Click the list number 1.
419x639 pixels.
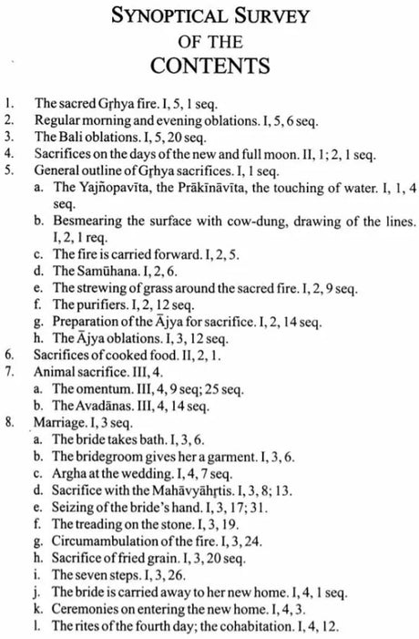[x=9, y=105]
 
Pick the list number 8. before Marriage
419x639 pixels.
[x=10, y=397]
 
